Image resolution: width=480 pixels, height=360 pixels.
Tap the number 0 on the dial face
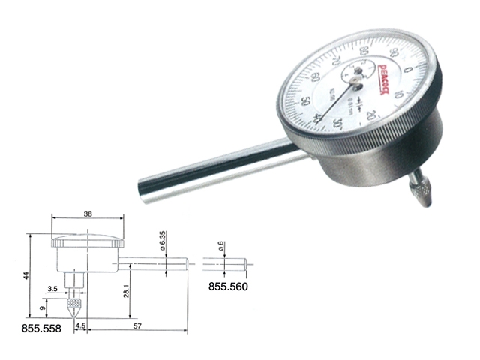407,69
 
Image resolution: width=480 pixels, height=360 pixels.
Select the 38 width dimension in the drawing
88,213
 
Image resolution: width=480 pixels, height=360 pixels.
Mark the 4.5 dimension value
80,325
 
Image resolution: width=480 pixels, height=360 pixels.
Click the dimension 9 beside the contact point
43,307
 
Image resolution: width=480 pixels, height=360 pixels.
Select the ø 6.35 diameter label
163,241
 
